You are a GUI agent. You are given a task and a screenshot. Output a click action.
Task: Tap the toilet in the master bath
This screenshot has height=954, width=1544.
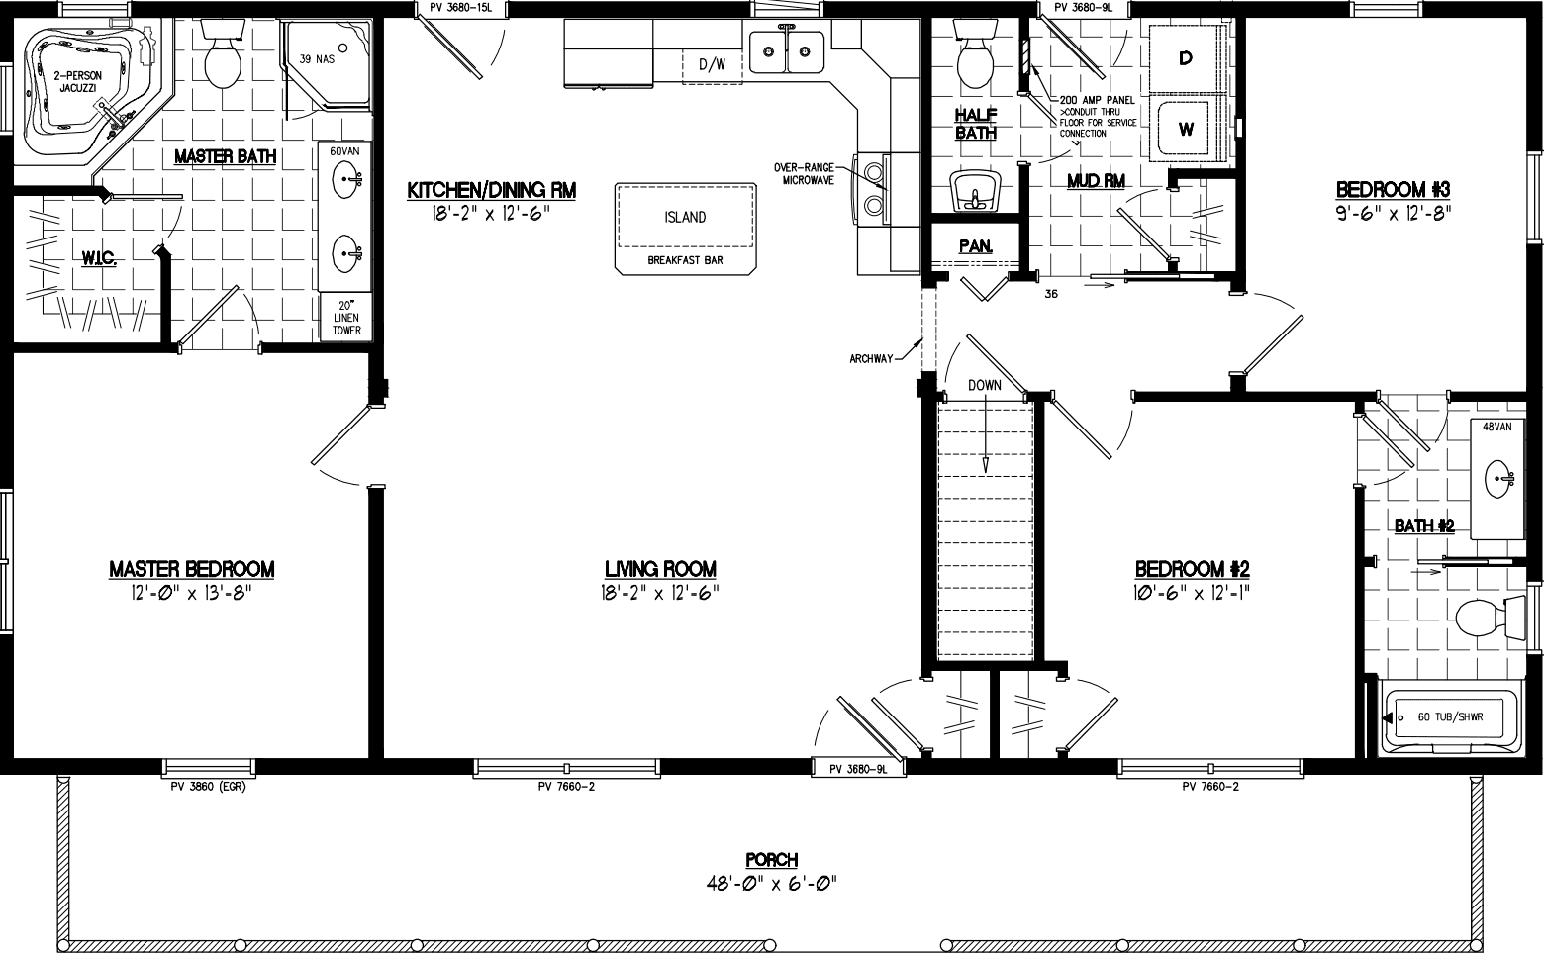tap(222, 61)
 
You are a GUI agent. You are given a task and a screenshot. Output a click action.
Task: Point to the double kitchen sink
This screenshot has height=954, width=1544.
tap(787, 52)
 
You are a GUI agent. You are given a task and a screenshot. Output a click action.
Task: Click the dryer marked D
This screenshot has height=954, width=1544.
tap(1186, 58)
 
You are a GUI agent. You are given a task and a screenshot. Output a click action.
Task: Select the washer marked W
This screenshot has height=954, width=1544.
tap(1186, 129)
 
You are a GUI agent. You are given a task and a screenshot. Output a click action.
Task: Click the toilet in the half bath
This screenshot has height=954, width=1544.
tap(975, 61)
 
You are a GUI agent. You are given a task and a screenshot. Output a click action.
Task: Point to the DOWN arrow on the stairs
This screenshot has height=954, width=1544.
tap(985, 435)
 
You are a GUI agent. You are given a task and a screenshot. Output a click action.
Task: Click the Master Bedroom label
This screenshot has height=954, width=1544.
tap(191, 569)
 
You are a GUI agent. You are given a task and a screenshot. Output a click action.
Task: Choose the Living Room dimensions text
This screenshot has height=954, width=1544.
tap(660, 592)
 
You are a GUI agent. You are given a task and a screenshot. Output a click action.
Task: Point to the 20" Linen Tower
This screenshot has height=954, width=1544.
tap(346, 318)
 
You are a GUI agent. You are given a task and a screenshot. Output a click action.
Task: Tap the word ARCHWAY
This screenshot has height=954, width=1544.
tap(872, 358)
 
